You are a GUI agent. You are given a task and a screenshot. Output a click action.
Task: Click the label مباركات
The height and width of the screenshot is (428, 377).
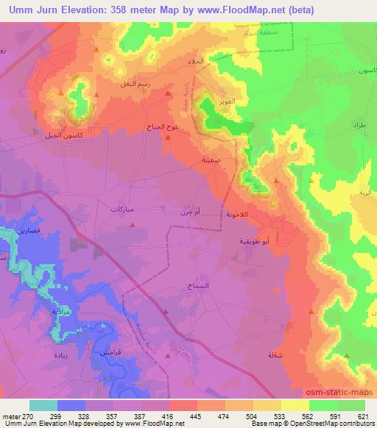pyautogui.click(x=122, y=210)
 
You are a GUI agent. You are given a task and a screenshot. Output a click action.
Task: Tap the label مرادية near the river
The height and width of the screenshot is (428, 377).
pyautogui.click(x=61, y=312)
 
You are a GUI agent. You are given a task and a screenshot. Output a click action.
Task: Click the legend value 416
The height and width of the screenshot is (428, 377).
pyautogui.click(x=169, y=415)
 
